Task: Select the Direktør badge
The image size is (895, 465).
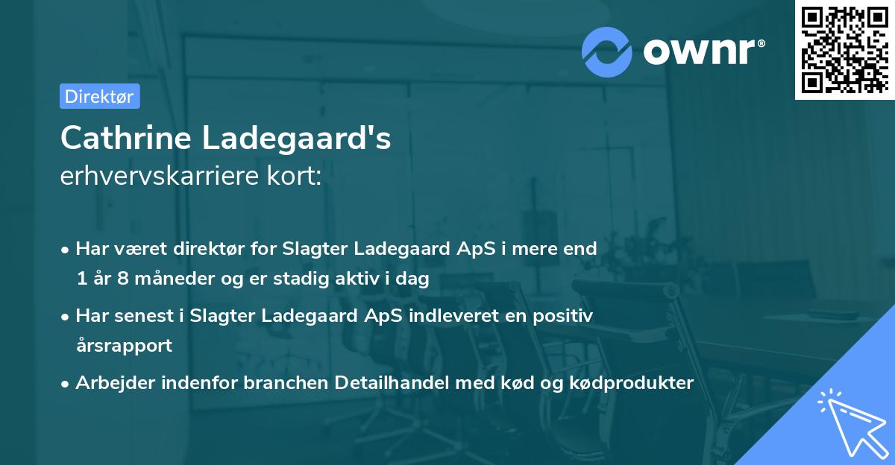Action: [x=99, y=96]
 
